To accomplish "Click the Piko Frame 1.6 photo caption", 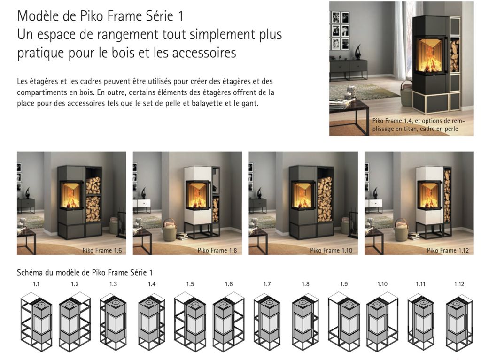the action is coord(102,250).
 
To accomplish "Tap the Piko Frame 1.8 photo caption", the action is coord(217,250).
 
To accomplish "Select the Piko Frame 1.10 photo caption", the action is coord(331,250).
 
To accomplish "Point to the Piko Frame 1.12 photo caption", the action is coord(448,250).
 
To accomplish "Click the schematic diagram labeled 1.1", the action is coord(36,322).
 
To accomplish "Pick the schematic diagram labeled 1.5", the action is coord(190,322).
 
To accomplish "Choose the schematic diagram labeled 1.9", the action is coord(344,322).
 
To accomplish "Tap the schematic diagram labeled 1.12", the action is coord(459,322).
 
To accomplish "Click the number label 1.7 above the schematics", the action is coord(267,284).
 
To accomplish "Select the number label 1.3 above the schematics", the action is coord(113,284).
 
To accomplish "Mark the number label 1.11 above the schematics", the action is coord(420,284).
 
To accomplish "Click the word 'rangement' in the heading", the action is coord(128,35).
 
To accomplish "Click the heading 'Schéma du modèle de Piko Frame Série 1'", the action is coord(85,272).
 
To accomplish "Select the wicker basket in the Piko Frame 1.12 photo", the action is coord(402,230).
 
